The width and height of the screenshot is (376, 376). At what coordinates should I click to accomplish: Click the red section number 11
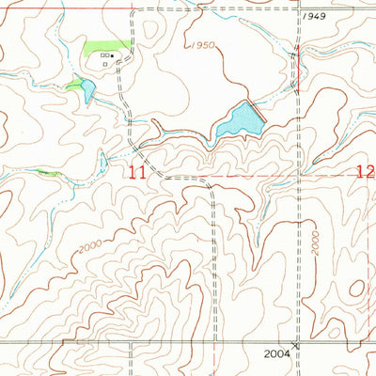(138, 172)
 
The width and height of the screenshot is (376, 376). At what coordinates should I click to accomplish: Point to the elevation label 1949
(316, 18)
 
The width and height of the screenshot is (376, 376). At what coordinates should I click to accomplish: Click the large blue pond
(238, 119)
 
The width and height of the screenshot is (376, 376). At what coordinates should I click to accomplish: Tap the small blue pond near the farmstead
(87, 91)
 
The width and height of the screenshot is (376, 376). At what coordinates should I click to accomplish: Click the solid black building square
(113, 55)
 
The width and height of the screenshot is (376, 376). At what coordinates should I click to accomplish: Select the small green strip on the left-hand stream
(48, 173)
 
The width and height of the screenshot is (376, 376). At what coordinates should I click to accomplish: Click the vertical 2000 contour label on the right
(317, 242)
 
